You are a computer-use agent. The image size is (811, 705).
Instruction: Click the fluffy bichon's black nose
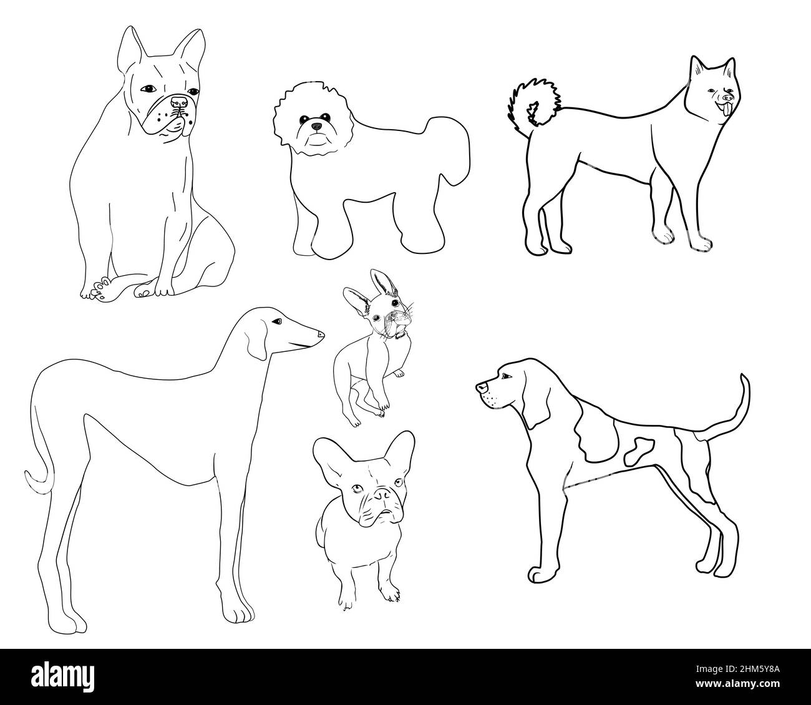318,127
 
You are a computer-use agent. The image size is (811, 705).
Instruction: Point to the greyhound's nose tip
321,334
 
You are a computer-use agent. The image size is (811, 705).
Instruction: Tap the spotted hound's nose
480,388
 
